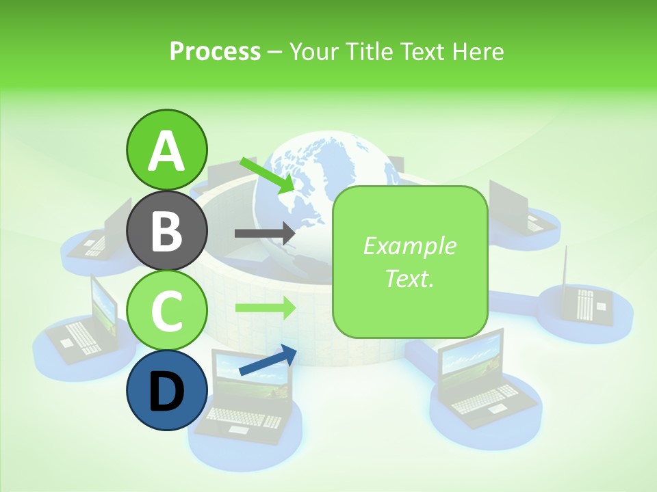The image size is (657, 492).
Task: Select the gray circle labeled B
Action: [166, 231]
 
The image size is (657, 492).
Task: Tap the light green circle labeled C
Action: [166, 311]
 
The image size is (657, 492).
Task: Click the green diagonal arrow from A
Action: [267, 175]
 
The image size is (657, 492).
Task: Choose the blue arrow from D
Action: [268, 360]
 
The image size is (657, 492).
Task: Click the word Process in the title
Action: [215, 51]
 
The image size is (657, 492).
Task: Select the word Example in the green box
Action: [409, 246]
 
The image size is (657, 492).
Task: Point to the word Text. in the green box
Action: [409, 278]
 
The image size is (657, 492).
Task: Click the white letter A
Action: [166, 151]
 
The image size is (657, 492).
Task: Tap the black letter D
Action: [166, 393]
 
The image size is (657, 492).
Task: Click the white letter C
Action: [166, 311]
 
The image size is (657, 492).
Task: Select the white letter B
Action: [166, 231]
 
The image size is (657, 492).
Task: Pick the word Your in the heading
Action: [312, 51]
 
